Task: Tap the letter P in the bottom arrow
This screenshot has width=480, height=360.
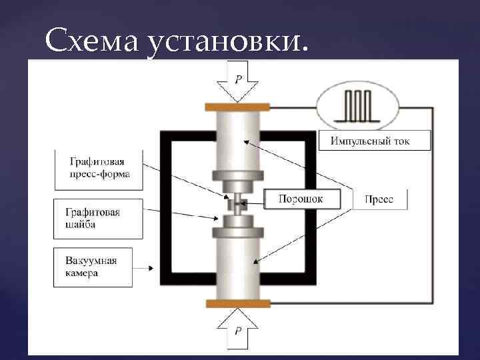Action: click(237, 330)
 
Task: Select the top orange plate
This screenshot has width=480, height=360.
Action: click(237, 107)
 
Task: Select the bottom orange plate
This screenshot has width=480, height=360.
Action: click(237, 304)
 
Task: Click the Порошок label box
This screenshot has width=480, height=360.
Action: click(301, 199)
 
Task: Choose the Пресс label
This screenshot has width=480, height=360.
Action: click(379, 199)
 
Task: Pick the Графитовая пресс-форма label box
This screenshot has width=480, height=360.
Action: click(99, 169)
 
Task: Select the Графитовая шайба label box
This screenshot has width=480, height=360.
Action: click(99, 218)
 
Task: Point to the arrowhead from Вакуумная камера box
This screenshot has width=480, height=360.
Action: click(153, 269)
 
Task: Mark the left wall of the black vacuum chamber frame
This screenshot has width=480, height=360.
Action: click(167, 207)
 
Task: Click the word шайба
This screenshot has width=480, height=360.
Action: click(80, 225)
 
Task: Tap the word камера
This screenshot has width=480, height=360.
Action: click(82, 273)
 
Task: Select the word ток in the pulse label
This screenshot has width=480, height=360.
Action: click(402, 141)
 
